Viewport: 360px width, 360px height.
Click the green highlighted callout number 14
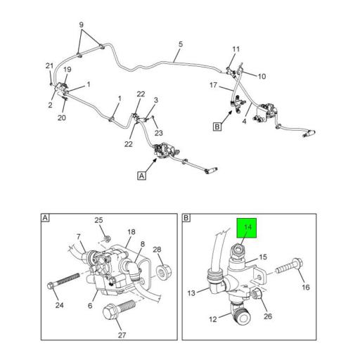coord(247,227)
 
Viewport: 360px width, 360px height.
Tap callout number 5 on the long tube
coord(180,45)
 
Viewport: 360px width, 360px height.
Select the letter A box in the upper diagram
coord(142,176)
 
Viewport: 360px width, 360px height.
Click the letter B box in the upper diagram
coord(218,127)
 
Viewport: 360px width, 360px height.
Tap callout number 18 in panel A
coord(131,231)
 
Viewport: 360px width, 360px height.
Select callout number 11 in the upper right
coord(236,49)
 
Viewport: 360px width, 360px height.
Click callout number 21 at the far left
coord(49,66)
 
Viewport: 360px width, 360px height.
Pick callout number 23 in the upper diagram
coord(158,131)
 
